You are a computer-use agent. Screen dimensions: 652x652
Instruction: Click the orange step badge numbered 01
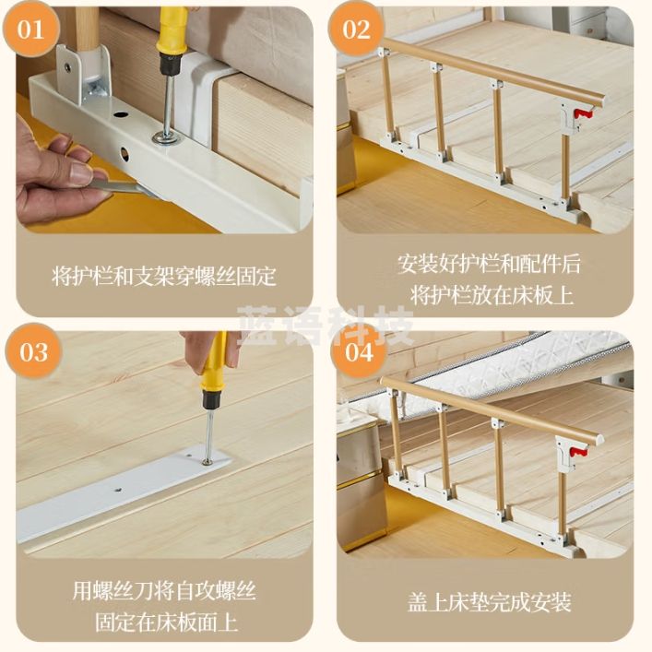click(x=30, y=30)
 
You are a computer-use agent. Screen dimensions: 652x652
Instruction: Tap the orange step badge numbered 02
click(x=356, y=30)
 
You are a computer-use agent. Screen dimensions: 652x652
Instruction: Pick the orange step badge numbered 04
click(x=359, y=351)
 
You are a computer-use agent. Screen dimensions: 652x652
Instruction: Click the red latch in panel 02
click(x=582, y=113)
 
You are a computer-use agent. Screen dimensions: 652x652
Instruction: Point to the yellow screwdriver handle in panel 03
click(x=215, y=366)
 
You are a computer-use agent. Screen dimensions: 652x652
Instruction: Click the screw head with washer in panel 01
click(x=166, y=136)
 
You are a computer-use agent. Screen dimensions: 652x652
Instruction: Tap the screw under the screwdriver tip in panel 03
click(x=207, y=461)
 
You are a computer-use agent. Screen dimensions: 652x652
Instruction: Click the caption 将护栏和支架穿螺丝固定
click(x=164, y=276)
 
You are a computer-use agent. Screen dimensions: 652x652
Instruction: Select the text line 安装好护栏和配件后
click(x=489, y=264)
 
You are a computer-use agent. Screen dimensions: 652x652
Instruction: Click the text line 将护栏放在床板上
click(x=492, y=296)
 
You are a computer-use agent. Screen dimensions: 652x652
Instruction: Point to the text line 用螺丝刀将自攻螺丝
click(x=164, y=590)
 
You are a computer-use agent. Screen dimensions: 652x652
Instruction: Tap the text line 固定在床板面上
click(x=167, y=622)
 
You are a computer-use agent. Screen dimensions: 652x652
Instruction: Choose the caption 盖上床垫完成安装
click(x=490, y=602)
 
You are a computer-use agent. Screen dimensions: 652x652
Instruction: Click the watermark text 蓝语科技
click(x=326, y=325)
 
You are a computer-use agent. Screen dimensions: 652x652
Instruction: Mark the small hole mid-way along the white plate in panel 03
click(x=119, y=490)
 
